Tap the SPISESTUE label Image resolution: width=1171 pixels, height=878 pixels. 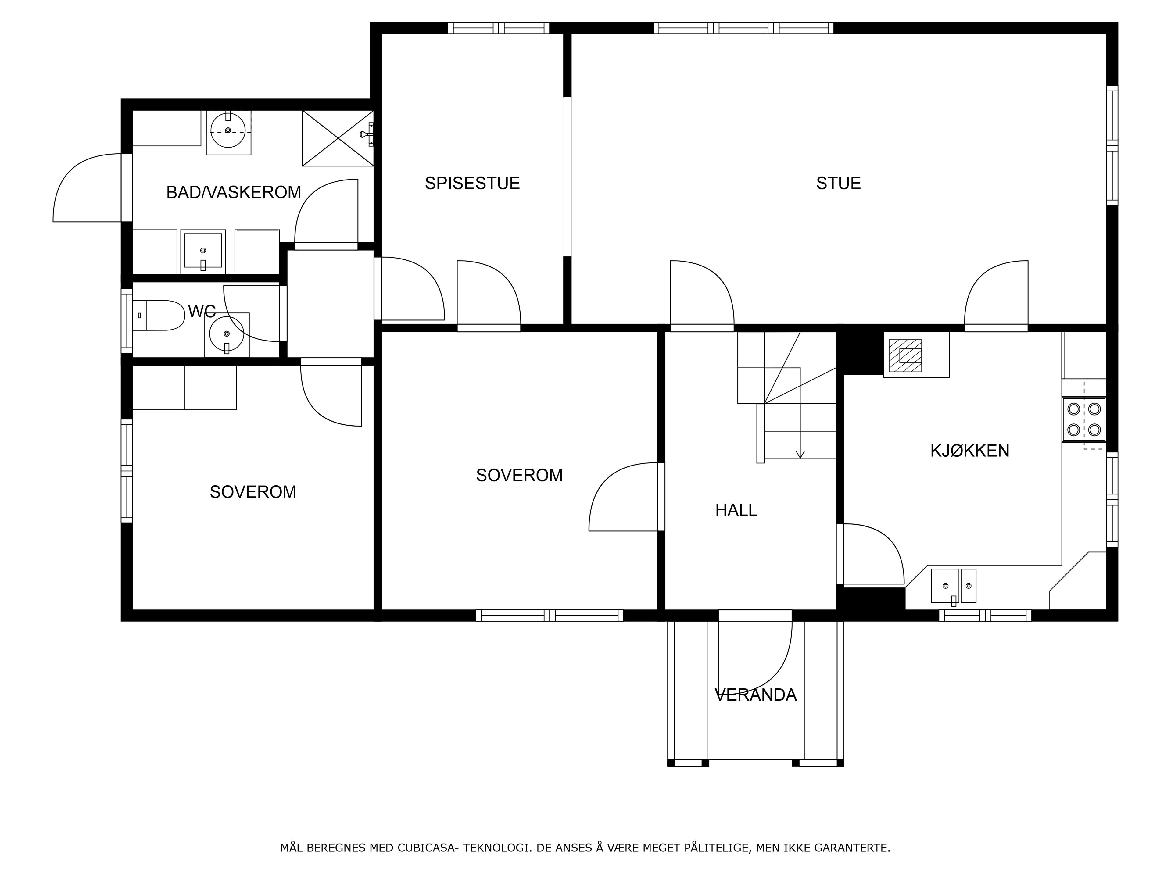point(472,183)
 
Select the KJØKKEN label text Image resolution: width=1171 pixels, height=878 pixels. point(970,451)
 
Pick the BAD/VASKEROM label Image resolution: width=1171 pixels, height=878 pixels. point(234,192)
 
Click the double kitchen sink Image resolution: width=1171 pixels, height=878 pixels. point(954,586)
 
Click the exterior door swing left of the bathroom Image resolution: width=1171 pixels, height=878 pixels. point(87,188)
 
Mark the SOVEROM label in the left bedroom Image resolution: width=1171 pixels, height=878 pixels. point(253,492)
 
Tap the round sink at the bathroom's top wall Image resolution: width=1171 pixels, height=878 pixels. point(228,130)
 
